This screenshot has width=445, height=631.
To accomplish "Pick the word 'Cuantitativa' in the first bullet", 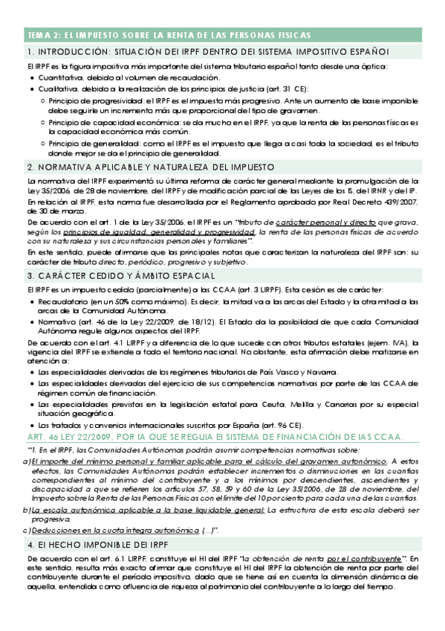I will tap(60, 77).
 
